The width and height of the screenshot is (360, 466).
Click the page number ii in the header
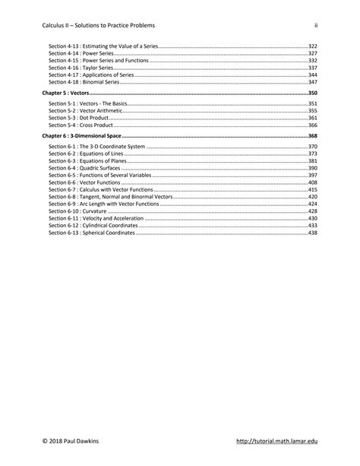pos(315,25)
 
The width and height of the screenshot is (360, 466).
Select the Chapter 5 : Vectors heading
pos(68,91)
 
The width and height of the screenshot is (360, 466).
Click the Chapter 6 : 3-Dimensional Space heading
pos(84,135)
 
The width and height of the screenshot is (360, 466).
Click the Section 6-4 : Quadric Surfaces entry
pos(82,168)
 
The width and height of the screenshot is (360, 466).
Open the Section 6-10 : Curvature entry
pos(75,211)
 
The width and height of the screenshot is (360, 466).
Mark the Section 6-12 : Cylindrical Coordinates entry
pos(93,226)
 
